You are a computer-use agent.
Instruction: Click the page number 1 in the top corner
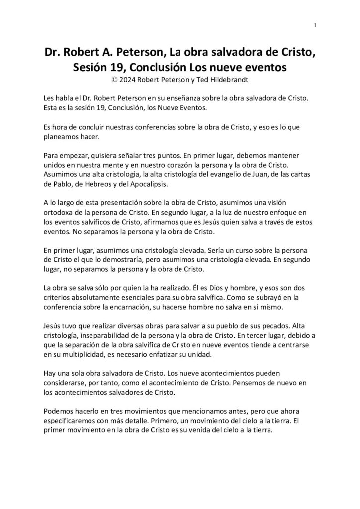point(315,26)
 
